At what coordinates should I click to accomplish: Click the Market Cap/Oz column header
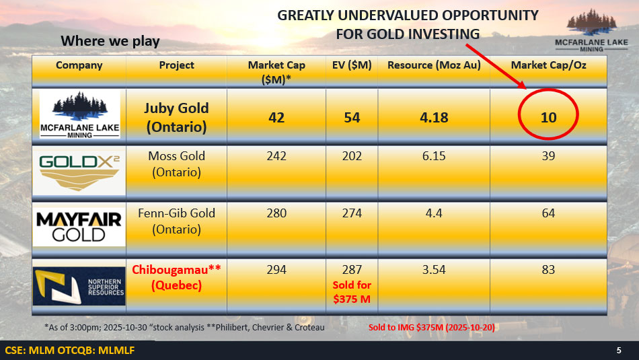tap(548, 65)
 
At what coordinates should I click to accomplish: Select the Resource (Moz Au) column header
tap(434, 65)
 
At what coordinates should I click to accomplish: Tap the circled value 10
tap(548, 117)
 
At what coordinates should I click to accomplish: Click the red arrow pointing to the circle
tap(496, 67)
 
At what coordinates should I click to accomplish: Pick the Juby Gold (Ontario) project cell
tap(176, 117)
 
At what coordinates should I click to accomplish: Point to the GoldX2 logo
tap(79, 171)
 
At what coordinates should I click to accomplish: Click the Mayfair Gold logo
tap(79, 227)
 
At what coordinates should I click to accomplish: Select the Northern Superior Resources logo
tap(79, 286)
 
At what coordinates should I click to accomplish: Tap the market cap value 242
tap(276, 156)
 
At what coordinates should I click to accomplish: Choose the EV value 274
tap(352, 213)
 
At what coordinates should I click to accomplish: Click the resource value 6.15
tap(434, 156)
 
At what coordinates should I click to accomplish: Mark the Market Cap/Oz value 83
tap(548, 270)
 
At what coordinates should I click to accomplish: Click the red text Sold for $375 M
tap(352, 292)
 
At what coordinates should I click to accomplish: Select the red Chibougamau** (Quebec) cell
tap(176, 277)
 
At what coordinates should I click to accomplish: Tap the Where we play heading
tap(110, 41)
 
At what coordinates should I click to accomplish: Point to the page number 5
tap(619, 351)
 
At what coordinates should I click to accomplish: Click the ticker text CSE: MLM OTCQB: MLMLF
tap(70, 351)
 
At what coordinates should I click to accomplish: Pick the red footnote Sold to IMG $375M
tap(432, 328)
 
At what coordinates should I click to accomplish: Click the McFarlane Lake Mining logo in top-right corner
tap(591, 30)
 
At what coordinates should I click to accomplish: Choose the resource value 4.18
tap(434, 117)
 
